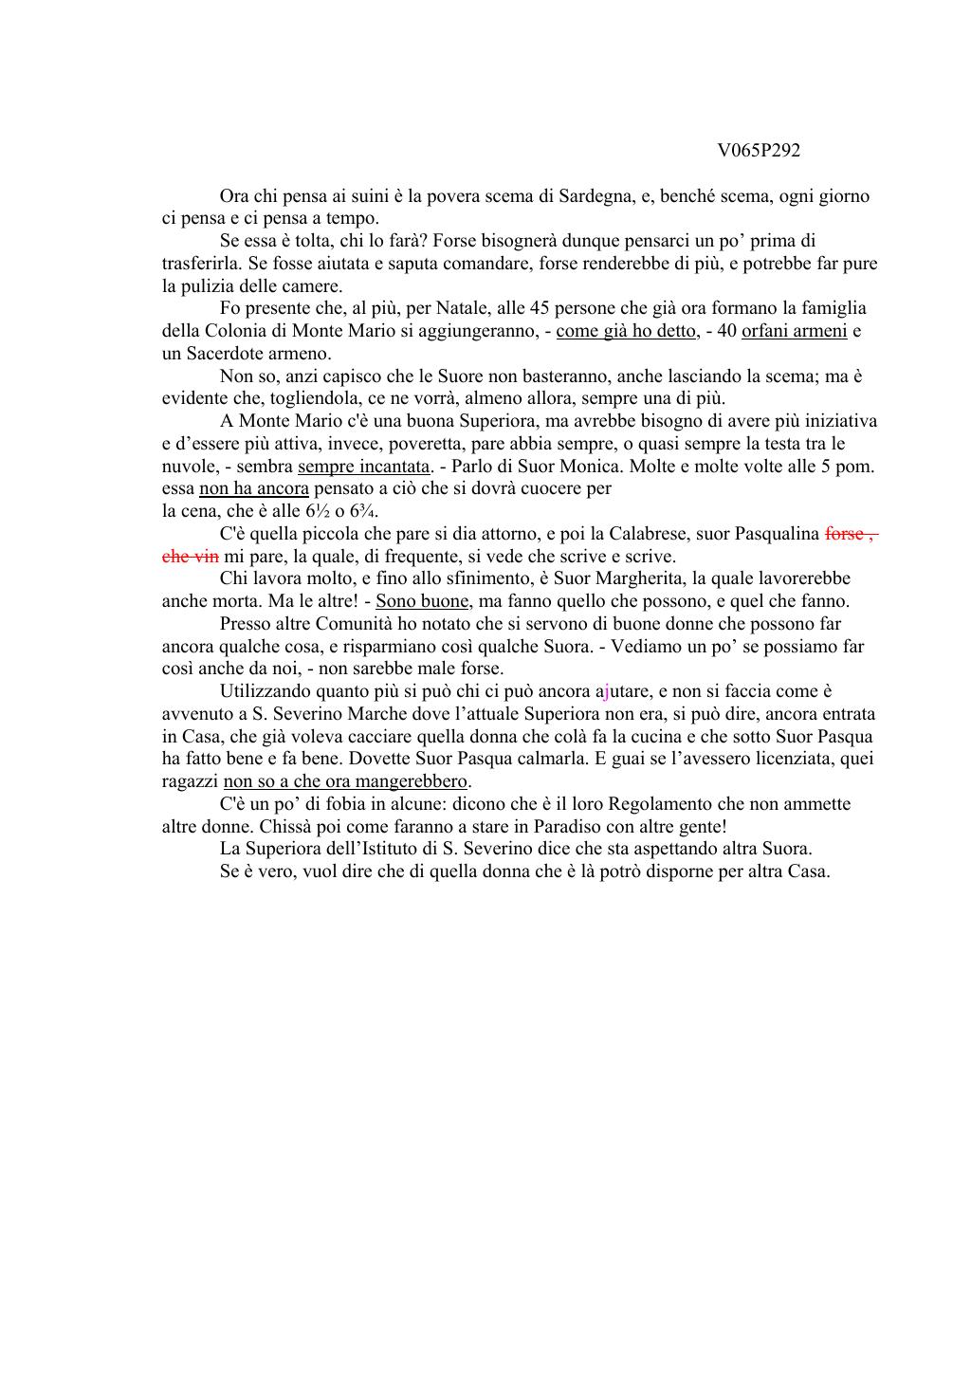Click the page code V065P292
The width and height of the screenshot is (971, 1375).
pos(759,151)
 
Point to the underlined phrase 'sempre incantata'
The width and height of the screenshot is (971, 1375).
pos(364,467)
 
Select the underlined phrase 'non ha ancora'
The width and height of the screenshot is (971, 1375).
pos(254,489)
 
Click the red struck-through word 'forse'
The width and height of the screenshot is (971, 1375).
pos(844,534)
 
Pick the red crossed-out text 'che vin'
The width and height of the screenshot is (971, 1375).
pos(191,557)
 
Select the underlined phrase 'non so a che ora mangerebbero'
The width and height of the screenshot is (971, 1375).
pos(346,781)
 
